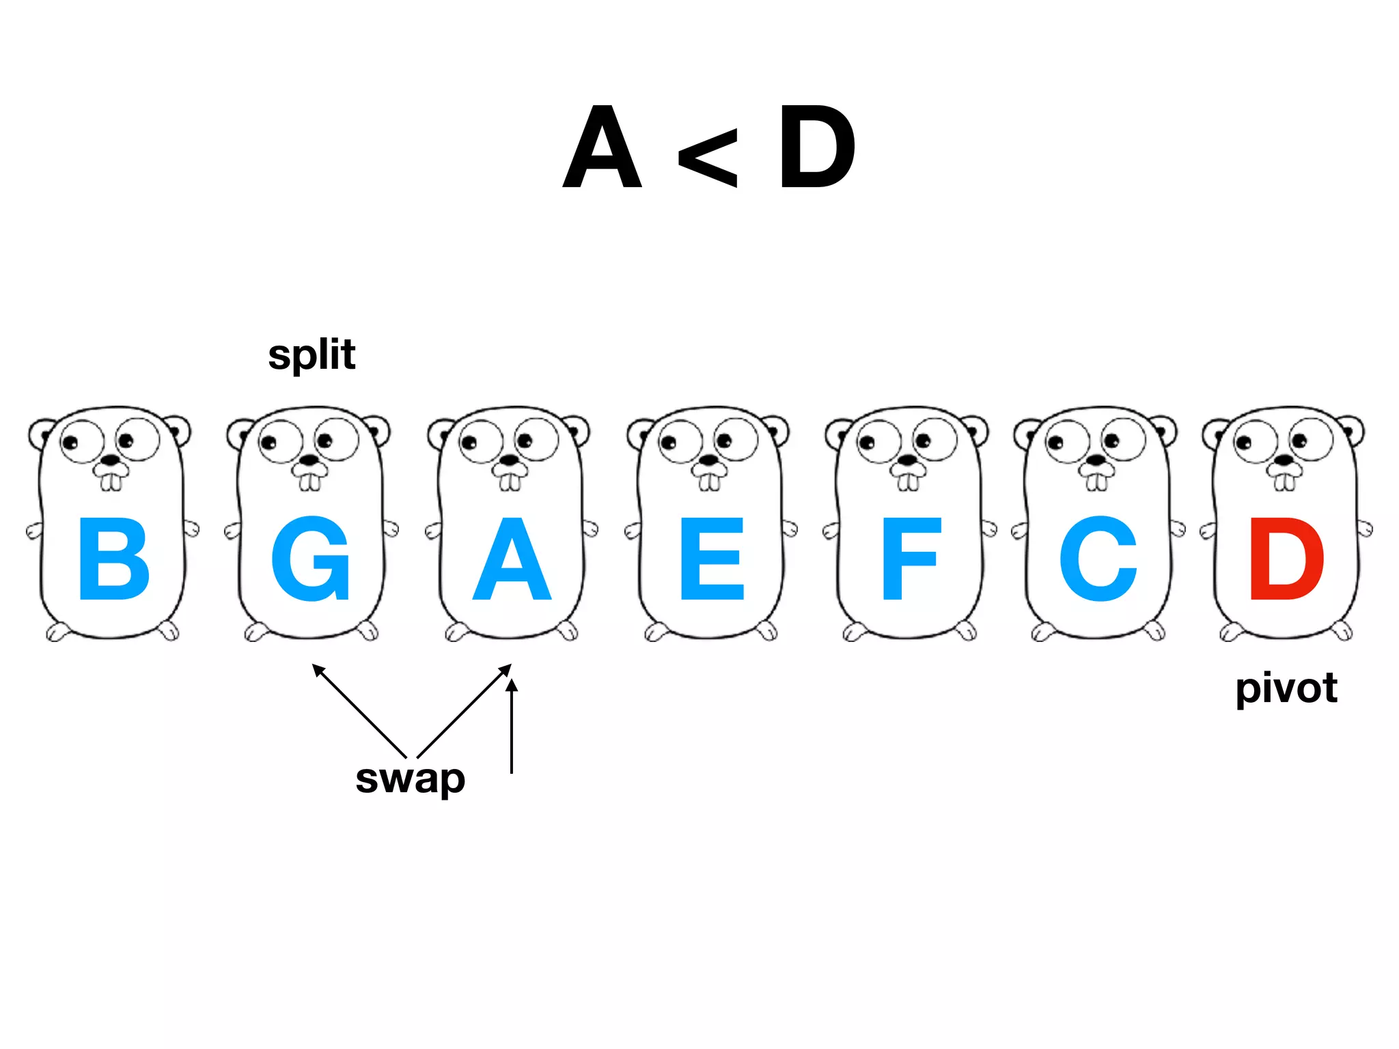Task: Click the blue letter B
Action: (114, 559)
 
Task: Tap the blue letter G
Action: (311, 559)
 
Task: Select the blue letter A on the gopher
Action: (512, 559)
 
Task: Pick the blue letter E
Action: (712, 559)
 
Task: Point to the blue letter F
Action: (911, 559)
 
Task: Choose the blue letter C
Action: (1098, 559)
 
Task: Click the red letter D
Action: (1286, 559)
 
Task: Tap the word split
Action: (311, 355)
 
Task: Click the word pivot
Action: (1286, 688)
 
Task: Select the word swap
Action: (410, 779)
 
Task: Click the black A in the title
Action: (602, 148)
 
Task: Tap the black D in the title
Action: (817, 148)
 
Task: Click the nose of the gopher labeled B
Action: (110, 460)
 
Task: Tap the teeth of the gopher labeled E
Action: (709, 482)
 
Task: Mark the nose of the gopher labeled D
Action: (1284, 460)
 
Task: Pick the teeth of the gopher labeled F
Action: (908, 482)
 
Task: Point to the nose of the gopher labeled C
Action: (1096, 460)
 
